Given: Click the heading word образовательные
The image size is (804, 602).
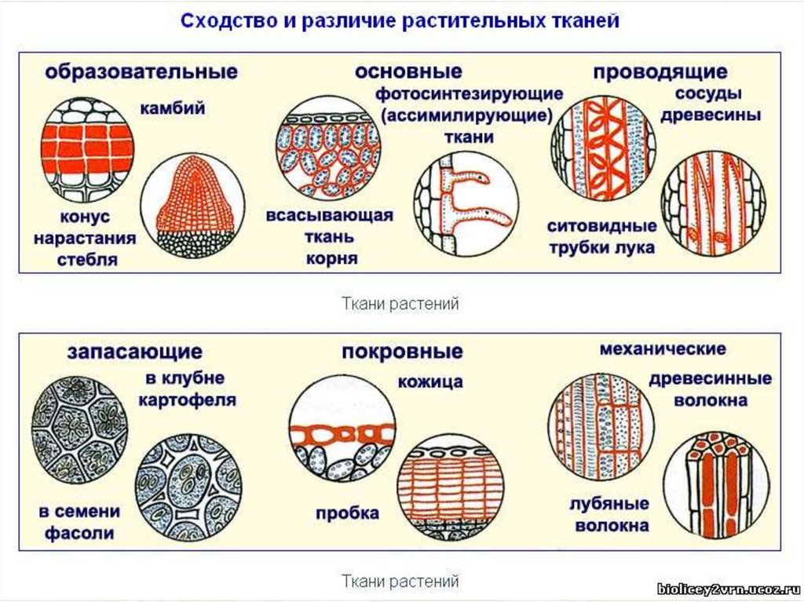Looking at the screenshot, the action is (141, 72).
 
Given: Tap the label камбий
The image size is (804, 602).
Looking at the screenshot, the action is (173, 108).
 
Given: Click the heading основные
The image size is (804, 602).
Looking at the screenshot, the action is (407, 72).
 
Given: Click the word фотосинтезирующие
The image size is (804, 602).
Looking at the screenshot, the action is (469, 94).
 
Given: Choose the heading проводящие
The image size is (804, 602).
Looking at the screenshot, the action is (660, 73).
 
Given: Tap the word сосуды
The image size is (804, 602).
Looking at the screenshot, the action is (709, 93).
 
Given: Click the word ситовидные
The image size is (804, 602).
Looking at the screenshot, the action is (601, 226).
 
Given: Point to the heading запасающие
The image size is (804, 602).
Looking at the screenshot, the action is (134, 351).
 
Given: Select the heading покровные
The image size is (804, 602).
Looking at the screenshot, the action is (402, 351).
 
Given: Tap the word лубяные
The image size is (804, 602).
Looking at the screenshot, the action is (611, 503).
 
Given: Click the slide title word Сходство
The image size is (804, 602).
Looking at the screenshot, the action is (222, 21).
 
